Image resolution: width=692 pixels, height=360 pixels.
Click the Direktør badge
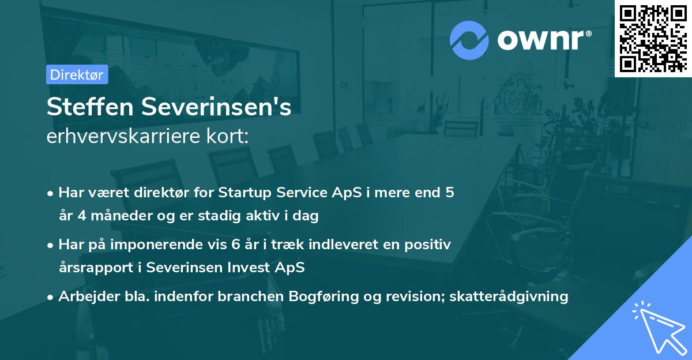[77, 74]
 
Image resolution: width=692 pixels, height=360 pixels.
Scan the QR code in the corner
[653, 38]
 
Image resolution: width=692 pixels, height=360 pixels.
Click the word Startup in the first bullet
[244, 192]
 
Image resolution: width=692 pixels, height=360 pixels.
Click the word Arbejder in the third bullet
[84, 296]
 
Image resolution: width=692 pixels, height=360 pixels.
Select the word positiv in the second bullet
[430, 244]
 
